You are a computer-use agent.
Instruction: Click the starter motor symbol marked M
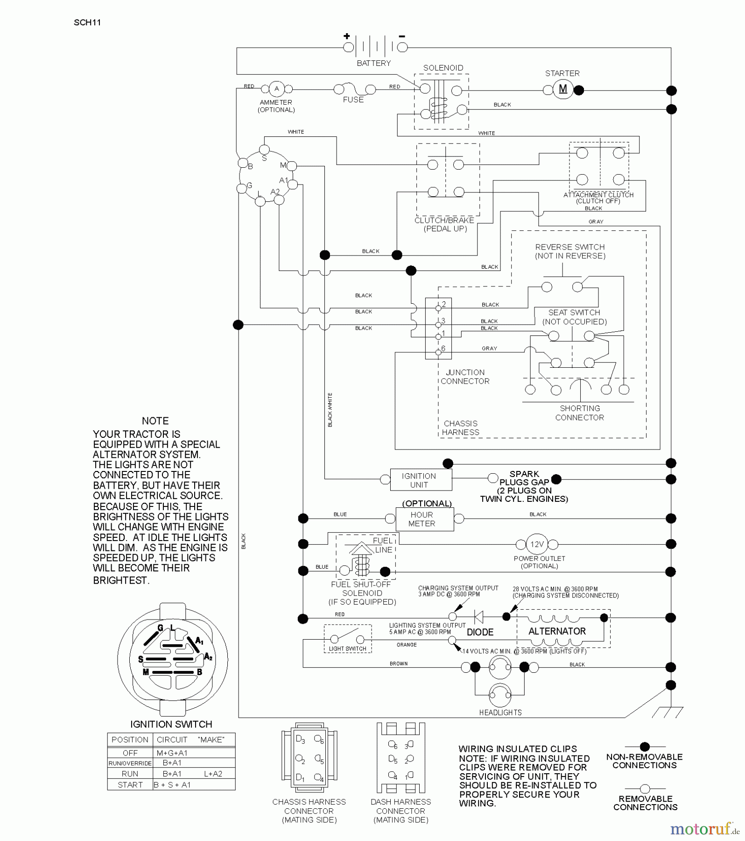(563, 89)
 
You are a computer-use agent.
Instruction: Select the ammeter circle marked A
(276, 89)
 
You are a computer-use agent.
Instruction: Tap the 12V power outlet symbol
(537, 544)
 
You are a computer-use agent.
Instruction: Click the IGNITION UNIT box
(421, 480)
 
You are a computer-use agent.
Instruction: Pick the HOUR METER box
(424, 519)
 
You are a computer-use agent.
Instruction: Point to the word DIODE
(480, 632)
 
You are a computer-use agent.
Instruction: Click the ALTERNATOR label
(557, 631)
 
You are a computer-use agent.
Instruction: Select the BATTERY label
(373, 63)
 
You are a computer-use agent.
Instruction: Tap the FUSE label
(353, 100)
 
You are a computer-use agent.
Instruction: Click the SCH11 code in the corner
(87, 22)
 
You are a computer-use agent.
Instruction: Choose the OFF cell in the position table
(130, 753)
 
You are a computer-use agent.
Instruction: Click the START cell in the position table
(130, 785)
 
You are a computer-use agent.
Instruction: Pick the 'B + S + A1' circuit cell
(172, 785)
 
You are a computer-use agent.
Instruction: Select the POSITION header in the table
(130, 740)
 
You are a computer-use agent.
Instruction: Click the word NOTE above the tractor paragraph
(155, 421)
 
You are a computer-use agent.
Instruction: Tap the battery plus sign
(346, 36)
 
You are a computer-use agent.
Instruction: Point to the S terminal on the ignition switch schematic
(264, 150)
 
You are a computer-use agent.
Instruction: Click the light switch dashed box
(347, 639)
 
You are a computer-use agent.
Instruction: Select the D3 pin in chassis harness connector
(300, 740)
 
